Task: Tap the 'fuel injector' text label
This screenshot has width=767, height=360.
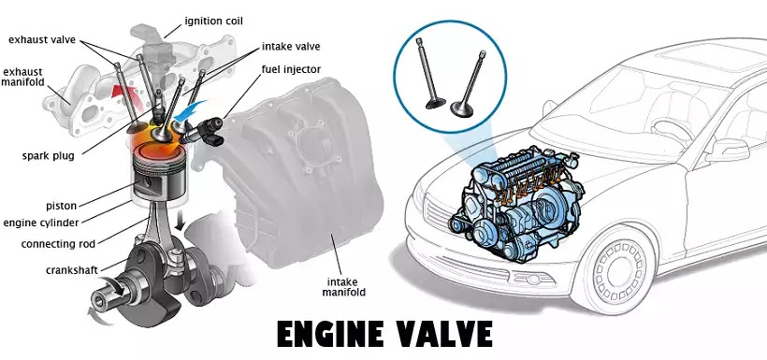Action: [291, 69]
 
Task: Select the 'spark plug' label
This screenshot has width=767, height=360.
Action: [48, 156]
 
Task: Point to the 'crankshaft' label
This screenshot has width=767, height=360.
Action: [72, 270]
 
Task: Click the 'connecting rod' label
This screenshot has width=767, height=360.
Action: [58, 244]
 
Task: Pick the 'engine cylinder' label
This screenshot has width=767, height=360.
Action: [40, 223]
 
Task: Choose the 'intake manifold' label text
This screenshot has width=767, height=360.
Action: [347, 288]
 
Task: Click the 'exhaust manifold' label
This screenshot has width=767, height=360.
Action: [22, 78]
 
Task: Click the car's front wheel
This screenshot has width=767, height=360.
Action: [619, 270]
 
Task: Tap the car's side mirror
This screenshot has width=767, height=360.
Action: [727, 150]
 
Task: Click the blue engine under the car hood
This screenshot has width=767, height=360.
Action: [516, 202]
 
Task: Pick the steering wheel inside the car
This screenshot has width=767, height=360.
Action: [673, 131]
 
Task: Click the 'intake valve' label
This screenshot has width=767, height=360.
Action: [291, 47]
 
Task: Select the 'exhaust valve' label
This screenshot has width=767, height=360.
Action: [42, 39]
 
